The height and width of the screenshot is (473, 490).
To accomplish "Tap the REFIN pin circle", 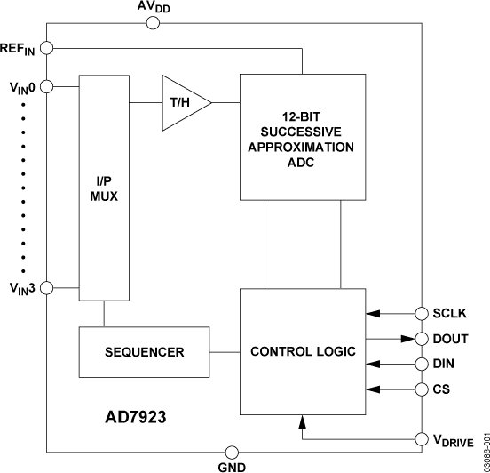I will tap(47, 47).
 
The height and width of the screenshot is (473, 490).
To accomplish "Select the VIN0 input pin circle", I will tap(47, 86).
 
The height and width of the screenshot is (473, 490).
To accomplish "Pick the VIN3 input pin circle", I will tap(47, 288).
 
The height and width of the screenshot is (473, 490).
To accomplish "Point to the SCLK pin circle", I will tap(422, 313).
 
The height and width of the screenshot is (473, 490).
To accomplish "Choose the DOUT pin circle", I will tap(422, 338).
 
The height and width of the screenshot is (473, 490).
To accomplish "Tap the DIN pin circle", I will tap(422, 363).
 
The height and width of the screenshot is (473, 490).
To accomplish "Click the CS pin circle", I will tap(422, 388).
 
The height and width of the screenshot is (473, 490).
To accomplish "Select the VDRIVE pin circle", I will tap(422, 439).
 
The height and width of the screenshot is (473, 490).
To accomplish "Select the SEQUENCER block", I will tap(143, 352).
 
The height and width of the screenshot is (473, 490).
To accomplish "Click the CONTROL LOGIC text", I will tap(302, 352).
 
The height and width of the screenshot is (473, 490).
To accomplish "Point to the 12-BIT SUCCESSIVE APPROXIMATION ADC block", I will tap(302, 137).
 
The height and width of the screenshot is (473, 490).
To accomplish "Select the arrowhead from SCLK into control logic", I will tap(373, 313).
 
